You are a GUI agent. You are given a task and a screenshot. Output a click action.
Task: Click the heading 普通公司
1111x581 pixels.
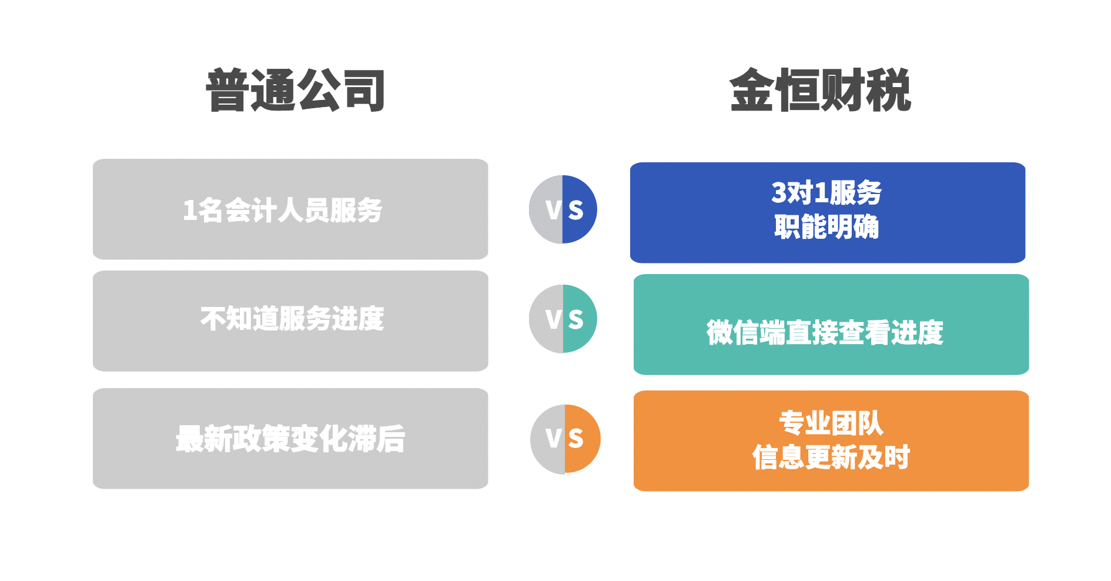point(296,90)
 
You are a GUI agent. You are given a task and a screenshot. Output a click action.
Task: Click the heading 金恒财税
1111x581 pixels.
point(820,90)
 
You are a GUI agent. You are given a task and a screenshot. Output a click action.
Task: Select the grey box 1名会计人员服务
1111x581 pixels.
point(290,209)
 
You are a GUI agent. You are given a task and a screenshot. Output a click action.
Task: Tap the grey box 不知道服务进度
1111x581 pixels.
point(290,321)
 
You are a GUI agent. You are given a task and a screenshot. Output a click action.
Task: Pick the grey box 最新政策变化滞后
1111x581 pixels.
point(290,439)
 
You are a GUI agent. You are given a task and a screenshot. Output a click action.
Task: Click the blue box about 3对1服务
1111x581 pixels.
point(828,213)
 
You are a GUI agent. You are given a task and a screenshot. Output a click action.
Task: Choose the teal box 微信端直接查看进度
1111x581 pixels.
point(831,325)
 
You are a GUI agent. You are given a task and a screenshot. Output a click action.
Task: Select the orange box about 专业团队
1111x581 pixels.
point(831,441)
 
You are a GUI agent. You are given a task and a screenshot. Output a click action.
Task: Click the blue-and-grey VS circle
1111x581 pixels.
point(563,209)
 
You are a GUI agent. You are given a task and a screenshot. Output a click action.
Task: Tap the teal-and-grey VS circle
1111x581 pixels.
point(563,319)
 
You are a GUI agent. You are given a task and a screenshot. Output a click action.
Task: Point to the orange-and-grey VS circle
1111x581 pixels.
point(565,439)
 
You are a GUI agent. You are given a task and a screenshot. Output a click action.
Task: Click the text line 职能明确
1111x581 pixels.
point(826,227)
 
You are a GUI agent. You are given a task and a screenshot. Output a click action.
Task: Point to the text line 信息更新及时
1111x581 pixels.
point(831,457)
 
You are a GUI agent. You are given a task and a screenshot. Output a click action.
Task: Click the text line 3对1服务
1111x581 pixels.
point(826,193)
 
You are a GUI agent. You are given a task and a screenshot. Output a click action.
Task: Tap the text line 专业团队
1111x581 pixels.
point(831,423)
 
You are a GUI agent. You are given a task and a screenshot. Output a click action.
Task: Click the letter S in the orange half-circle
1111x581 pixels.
point(576,439)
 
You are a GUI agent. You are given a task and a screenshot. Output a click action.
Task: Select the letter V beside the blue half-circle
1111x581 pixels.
point(554,210)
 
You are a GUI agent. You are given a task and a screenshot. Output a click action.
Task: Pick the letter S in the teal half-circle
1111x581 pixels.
point(576,319)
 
